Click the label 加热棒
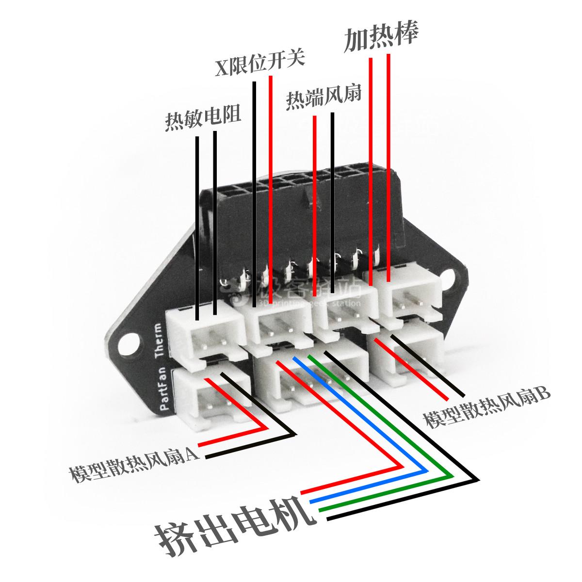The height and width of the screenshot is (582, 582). tap(381, 36)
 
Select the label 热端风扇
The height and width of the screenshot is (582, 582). tap(323, 99)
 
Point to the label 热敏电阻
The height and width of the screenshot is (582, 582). tap(203, 117)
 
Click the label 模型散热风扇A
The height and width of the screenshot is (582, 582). tap(132, 464)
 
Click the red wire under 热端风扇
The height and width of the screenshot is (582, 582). tap(315, 204)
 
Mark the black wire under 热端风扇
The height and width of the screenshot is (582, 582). tap(333, 204)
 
